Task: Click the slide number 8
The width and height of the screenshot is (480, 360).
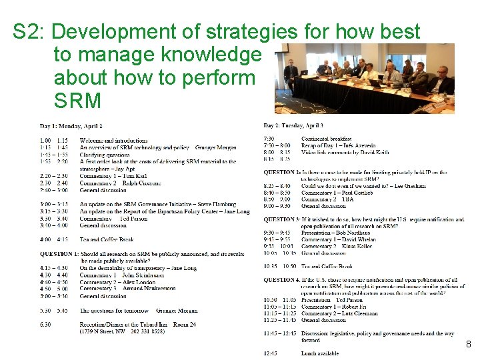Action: [469, 345]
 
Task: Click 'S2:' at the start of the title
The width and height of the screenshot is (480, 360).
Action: [30, 31]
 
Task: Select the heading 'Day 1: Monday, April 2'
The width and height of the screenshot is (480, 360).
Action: [71, 126]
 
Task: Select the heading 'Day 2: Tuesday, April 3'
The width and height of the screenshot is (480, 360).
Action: [293, 125]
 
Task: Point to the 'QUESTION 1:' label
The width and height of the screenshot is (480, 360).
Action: [59, 254]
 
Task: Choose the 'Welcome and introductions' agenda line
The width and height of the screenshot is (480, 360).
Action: [113, 141]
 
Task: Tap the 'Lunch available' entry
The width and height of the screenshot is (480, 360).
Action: [320, 353]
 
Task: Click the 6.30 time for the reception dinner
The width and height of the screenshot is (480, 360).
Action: [45, 325]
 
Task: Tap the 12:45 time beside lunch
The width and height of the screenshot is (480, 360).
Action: [272, 353]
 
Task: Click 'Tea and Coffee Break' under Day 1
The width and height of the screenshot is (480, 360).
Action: [106, 239]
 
